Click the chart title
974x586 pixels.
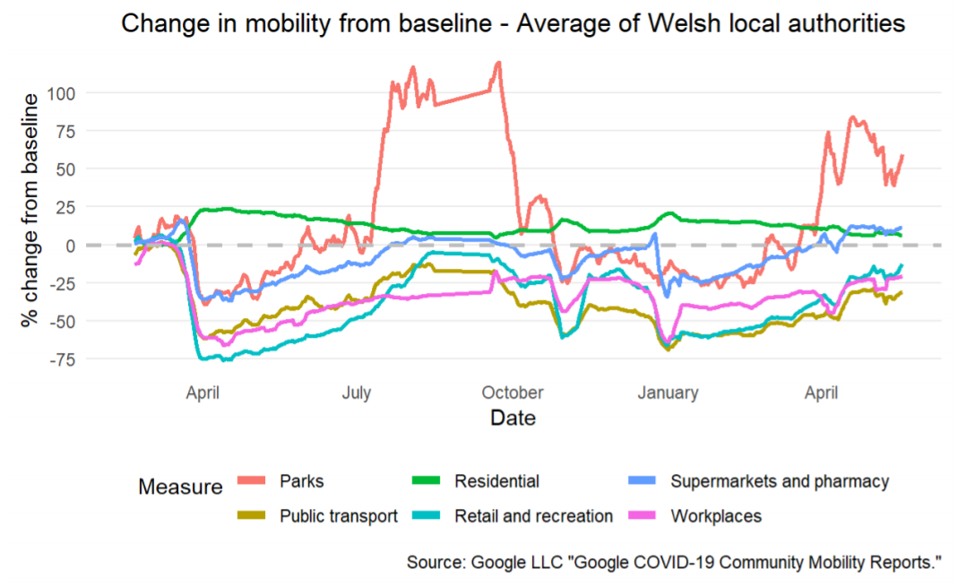click(x=513, y=24)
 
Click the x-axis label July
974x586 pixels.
click(x=358, y=392)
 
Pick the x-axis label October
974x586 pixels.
click(x=513, y=392)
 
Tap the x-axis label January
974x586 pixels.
click(x=668, y=392)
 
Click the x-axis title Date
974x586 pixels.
click(x=513, y=418)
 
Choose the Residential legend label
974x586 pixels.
click(x=497, y=481)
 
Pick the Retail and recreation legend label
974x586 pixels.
click(x=534, y=515)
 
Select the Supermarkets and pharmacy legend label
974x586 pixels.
click(x=780, y=481)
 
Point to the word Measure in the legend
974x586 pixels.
click(x=180, y=487)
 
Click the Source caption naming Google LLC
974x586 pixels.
click(x=674, y=563)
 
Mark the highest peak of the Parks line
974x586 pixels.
click(x=498, y=63)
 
